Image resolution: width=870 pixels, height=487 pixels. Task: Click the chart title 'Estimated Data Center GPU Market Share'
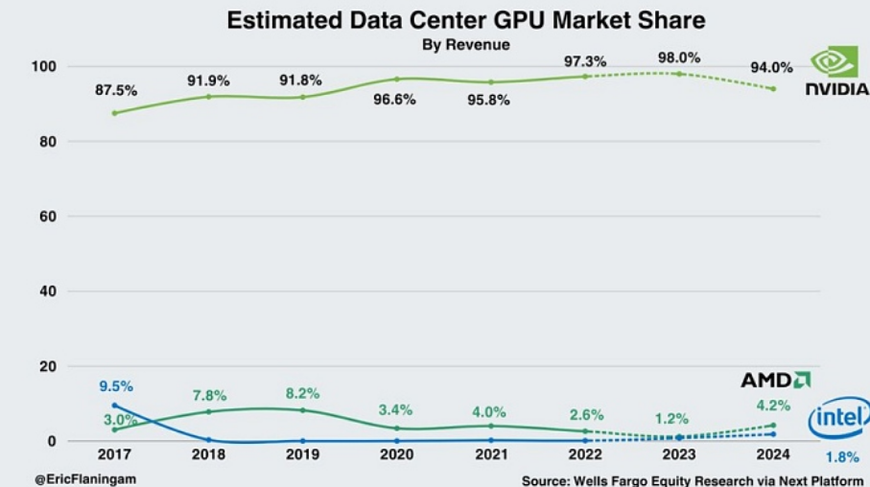[x=466, y=20]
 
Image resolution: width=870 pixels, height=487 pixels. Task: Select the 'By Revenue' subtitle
[x=466, y=44]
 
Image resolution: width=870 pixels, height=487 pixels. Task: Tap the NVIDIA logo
[x=836, y=70]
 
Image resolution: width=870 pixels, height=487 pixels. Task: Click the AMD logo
[x=776, y=380]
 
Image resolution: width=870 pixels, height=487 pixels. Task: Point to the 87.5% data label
[x=116, y=90]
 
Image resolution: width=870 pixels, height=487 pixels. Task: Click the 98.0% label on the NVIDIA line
[x=679, y=58]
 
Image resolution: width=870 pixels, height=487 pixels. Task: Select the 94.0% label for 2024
[x=772, y=68]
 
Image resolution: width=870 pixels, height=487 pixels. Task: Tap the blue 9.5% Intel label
[x=116, y=386]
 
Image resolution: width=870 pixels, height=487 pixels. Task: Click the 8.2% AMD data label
[x=302, y=394]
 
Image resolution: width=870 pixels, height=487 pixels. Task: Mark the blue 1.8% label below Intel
[x=842, y=457]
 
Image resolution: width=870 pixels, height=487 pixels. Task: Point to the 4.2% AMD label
[x=773, y=406]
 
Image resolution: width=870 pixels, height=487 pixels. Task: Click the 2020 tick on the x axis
[x=397, y=454]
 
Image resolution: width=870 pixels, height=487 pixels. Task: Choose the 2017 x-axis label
[x=114, y=454]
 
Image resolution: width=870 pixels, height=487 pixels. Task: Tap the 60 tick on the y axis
[x=48, y=217]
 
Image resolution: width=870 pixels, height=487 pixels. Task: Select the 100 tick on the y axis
[x=44, y=66]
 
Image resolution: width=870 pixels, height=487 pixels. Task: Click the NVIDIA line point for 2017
[x=115, y=113]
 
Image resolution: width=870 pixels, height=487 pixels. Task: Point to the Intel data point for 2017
[x=115, y=406]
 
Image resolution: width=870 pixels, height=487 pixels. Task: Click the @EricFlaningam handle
[x=85, y=479]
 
